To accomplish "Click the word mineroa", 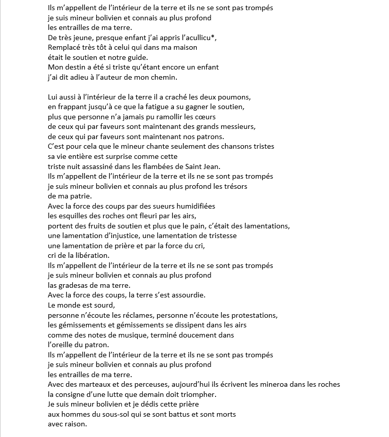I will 277,384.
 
